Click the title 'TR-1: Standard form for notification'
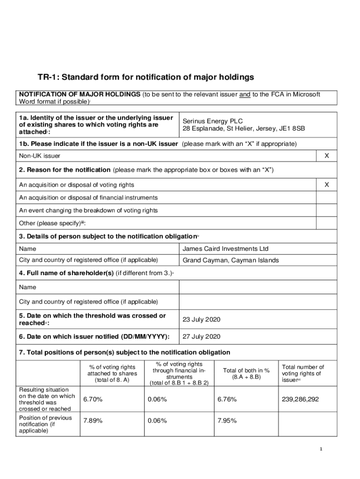click(x=145, y=77)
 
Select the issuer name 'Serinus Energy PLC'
click(x=213, y=121)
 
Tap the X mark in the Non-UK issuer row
click(x=326, y=155)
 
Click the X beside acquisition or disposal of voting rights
click(x=326, y=185)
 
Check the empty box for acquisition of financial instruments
click(x=326, y=198)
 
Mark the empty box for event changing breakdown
click(x=326, y=210)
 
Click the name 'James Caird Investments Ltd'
click(x=225, y=249)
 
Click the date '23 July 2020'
click(x=201, y=319)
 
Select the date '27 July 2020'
click(x=201, y=336)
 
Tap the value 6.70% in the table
click(x=93, y=399)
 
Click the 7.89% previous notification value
click(x=93, y=421)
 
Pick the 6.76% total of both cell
click(x=227, y=399)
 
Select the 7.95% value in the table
click(x=227, y=421)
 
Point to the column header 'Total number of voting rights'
click(x=302, y=373)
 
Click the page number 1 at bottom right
click(x=321, y=450)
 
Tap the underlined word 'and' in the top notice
click(x=245, y=94)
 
